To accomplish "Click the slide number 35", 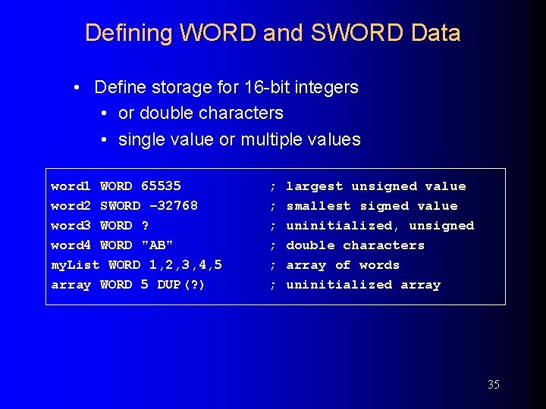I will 494,385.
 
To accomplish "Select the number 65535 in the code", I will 161,186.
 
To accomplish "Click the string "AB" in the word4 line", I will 157,245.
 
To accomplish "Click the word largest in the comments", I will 315,186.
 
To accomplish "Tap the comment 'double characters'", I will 355,245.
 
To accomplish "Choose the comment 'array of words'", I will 343,265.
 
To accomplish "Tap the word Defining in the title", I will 129,33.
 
